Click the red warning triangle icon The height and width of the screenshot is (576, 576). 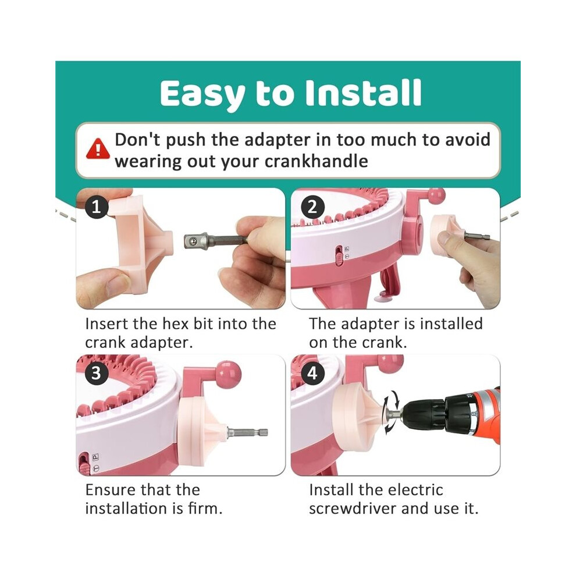(x=98, y=149)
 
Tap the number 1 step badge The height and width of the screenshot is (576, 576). (x=97, y=207)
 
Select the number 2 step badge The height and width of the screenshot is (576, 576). (x=312, y=207)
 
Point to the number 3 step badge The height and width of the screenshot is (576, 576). (x=97, y=373)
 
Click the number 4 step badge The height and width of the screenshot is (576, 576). (x=312, y=373)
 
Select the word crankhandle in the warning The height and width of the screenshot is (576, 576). (x=317, y=161)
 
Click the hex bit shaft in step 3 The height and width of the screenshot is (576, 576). (x=248, y=432)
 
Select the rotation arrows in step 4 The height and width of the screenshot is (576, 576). (x=391, y=413)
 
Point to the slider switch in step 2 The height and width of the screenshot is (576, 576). (x=339, y=255)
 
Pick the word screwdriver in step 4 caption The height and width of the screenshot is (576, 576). (x=352, y=509)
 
